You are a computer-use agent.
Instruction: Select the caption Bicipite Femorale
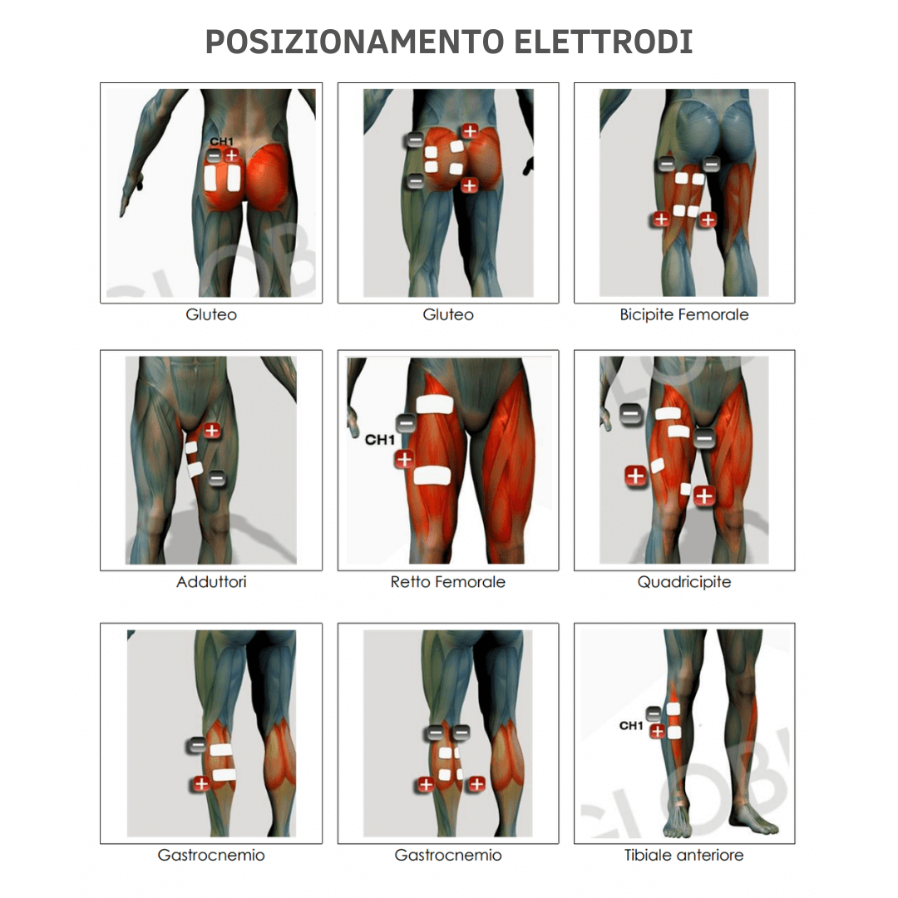683,315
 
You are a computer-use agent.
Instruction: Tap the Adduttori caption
211,582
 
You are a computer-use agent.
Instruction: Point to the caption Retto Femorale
447,582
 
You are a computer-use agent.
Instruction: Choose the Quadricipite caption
683,582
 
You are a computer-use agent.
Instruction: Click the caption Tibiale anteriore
683,855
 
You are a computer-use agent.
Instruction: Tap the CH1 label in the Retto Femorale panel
379,439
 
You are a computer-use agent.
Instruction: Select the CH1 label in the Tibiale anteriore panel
631,726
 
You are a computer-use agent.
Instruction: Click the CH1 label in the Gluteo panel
221,142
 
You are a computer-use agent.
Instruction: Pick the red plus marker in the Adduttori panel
212,430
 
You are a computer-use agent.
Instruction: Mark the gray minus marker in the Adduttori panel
215,478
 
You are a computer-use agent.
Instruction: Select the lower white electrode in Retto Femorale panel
432,476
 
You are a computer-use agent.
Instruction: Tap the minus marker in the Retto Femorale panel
405,423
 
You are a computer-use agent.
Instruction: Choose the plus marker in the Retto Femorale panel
404,459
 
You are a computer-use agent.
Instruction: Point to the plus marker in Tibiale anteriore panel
656,732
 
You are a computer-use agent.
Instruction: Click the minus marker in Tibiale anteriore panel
654,713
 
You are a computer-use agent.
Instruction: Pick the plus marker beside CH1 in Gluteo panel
231,155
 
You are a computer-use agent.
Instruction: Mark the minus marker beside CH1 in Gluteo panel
214,155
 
